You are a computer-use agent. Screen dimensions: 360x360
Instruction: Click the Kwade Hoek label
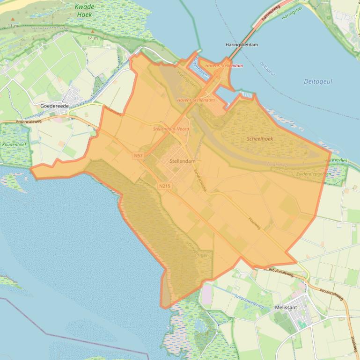(84, 11)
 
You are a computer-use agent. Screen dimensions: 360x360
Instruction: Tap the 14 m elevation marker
(93, 38)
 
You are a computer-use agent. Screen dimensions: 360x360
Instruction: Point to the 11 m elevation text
(13, 26)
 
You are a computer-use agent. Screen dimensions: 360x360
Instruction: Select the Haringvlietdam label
(241, 45)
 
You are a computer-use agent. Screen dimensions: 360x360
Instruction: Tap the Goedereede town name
(55, 106)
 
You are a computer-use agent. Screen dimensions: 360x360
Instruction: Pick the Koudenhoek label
(15, 144)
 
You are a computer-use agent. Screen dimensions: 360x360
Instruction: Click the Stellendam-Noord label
(171, 128)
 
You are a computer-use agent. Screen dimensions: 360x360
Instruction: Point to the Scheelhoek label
(260, 139)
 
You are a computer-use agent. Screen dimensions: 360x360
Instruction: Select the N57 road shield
(138, 155)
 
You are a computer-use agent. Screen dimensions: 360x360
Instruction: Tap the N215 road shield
(164, 186)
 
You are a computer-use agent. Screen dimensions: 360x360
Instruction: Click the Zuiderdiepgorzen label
(314, 174)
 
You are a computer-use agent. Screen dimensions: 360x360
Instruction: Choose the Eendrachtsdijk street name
(200, 179)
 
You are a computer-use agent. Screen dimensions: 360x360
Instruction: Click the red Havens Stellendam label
(224, 66)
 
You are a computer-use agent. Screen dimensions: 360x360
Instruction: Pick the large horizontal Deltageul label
(318, 81)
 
